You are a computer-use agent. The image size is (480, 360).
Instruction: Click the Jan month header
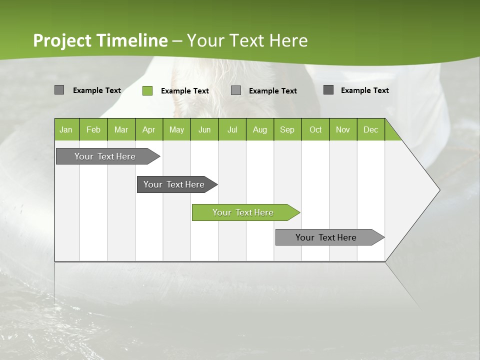(x=66, y=129)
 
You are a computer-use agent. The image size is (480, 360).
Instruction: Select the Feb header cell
(x=93, y=129)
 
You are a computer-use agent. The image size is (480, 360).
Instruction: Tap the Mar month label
(x=121, y=129)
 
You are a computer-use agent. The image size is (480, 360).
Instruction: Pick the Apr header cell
(x=149, y=129)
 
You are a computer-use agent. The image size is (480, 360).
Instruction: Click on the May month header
(x=176, y=129)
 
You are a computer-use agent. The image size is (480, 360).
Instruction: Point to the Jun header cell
(x=204, y=129)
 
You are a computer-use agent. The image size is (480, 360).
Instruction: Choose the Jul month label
(x=232, y=129)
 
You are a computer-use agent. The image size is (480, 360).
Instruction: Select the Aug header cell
(x=260, y=129)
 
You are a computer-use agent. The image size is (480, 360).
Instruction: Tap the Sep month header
(x=287, y=129)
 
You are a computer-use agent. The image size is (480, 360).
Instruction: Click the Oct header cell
(x=315, y=129)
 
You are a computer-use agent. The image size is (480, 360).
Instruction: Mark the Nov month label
(x=343, y=129)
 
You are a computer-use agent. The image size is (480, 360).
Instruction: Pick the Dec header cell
(x=371, y=129)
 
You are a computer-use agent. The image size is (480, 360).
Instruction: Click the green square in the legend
(x=147, y=90)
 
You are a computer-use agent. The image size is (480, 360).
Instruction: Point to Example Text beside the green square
(x=185, y=91)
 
